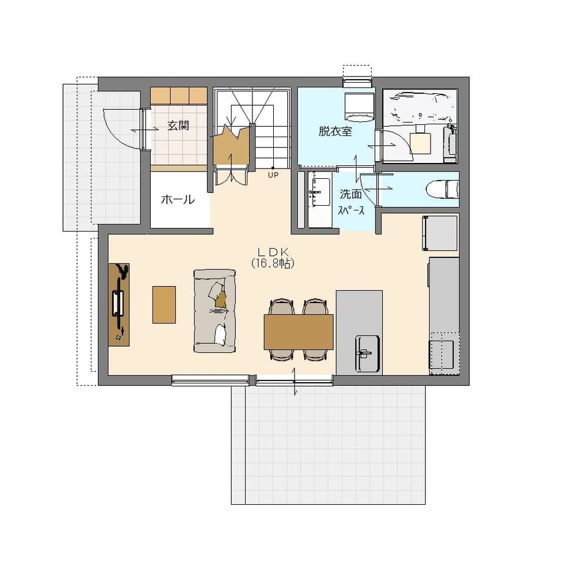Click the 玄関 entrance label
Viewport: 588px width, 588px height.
(178, 125)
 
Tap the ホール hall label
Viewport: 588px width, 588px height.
(178, 200)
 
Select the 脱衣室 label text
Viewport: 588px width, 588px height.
(335, 131)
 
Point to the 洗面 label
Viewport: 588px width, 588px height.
(350, 194)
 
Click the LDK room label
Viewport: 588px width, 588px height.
(273, 252)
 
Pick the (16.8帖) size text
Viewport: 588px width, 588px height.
(273, 263)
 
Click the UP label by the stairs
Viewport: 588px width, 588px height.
(273, 175)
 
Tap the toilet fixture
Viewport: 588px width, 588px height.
(442, 189)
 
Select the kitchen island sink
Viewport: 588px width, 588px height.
(367, 354)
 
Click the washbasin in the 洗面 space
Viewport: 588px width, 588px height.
(319, 192)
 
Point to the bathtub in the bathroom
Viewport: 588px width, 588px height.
(420, 107)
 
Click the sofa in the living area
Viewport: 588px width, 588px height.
(214, 311)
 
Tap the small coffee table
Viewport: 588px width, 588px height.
(164, 304)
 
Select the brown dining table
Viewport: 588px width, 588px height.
(298, 332)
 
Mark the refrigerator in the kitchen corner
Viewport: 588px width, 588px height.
(440, 233)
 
